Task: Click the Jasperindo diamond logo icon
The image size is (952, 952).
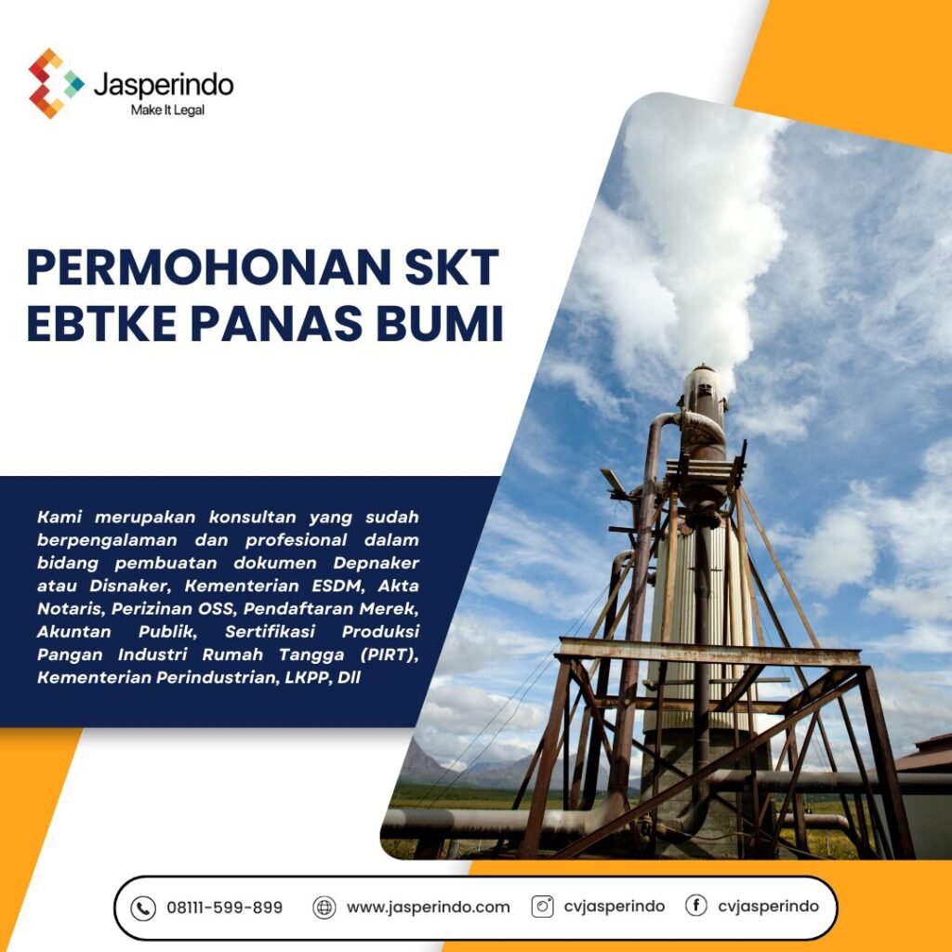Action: (56, 84)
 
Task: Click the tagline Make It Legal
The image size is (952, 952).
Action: (167, 110)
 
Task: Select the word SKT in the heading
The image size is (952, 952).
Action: (452, 267)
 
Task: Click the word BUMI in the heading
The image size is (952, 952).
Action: (440, 324)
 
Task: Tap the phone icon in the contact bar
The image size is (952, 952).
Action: (143, 908)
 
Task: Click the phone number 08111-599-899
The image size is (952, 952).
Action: (225, 907)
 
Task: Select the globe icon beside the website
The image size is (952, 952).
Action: (324, 907)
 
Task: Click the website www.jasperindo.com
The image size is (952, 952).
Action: (428, 907)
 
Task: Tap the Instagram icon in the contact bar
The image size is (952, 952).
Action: (542, 906)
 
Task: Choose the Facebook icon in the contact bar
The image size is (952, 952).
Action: (695, 906)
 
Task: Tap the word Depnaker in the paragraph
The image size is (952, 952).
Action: (376, 563)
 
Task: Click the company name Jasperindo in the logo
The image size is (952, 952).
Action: (164, 85)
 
